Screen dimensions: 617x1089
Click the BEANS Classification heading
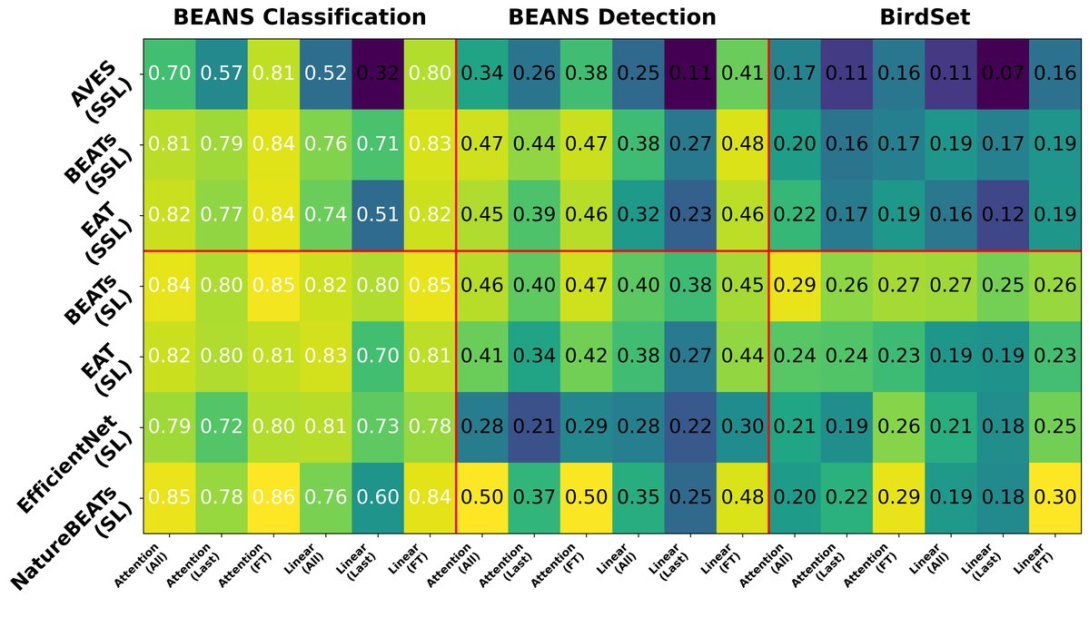[x=299, y=16]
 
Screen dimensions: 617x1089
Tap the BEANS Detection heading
[x=611, y=16]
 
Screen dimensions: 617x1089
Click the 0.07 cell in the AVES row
[x=1003, y=74]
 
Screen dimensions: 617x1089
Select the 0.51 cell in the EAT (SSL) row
[x=377, y=215]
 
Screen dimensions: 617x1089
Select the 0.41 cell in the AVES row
[x=742, y=74]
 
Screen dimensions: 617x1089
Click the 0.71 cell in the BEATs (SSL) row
[x=377, y=145]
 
